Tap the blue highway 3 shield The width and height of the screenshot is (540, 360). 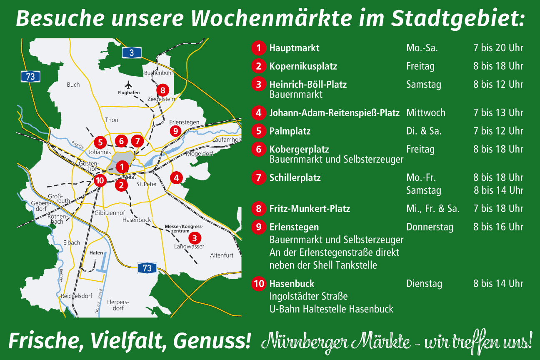[132, 52]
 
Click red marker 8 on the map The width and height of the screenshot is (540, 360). [162, 90]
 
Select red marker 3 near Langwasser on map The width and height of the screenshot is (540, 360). [194, 238]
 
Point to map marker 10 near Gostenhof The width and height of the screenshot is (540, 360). [100, 180]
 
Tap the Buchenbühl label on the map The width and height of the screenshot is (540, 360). [158, 73]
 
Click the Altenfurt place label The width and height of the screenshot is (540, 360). [222, 255]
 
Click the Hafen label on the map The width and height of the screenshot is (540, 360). [96, 252]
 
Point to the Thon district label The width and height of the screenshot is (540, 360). [112, 120]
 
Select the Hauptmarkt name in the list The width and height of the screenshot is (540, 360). [294, 48]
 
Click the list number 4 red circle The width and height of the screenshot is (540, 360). [259, 112]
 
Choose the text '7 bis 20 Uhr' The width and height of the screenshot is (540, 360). [498, 48]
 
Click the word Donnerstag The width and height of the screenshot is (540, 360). [430, 227]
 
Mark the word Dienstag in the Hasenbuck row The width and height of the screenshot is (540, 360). [424, 284]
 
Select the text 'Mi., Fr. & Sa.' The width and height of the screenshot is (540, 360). [433, 209]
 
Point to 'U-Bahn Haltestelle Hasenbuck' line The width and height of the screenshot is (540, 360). [331, 309]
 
